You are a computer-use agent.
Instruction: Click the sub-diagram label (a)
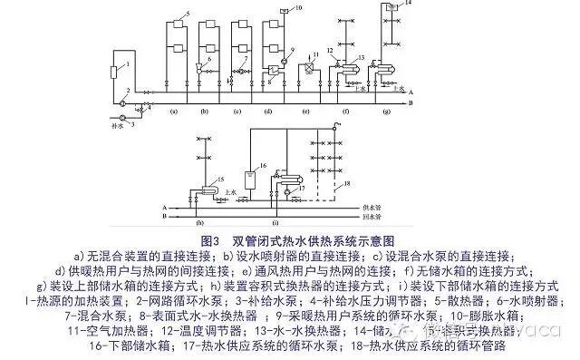point(173,111)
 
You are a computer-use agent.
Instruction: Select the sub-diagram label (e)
point(305,111)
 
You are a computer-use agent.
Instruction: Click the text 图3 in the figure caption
point(209,240)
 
